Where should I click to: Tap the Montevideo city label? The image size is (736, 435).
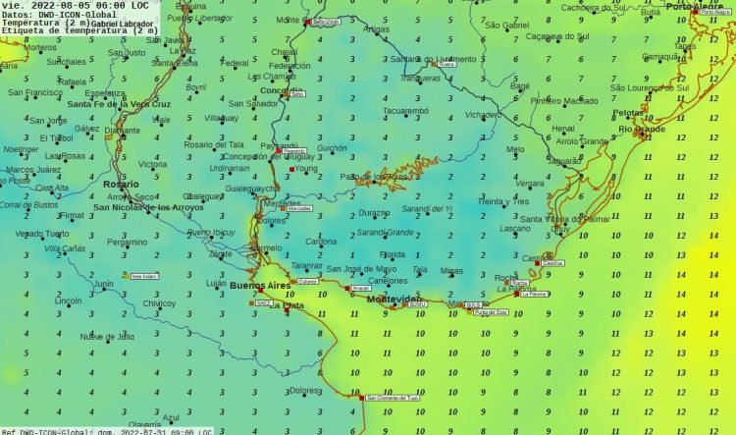[394, 299]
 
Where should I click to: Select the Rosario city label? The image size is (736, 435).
[121, 184]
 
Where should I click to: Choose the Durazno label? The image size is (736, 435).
[374, 212]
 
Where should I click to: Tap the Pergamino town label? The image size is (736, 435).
[128, 242]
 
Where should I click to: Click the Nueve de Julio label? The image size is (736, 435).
[107, 337]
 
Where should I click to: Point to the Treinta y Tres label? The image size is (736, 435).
[503, 201]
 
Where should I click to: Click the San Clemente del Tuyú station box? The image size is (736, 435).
[393, 398]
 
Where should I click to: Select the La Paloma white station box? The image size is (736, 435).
[535, 294]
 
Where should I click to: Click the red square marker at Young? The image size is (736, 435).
[290, 169]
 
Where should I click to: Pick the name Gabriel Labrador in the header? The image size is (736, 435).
[124, 23]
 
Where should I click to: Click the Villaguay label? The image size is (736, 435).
[221, 118]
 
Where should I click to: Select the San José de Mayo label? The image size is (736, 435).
[361, 269]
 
